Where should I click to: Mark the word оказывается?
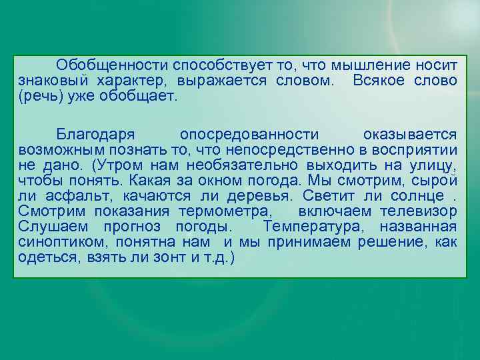click(x=410, y=135)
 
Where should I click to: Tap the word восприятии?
click(x=419, y=150)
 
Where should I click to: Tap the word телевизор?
click(x=425, y=211)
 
